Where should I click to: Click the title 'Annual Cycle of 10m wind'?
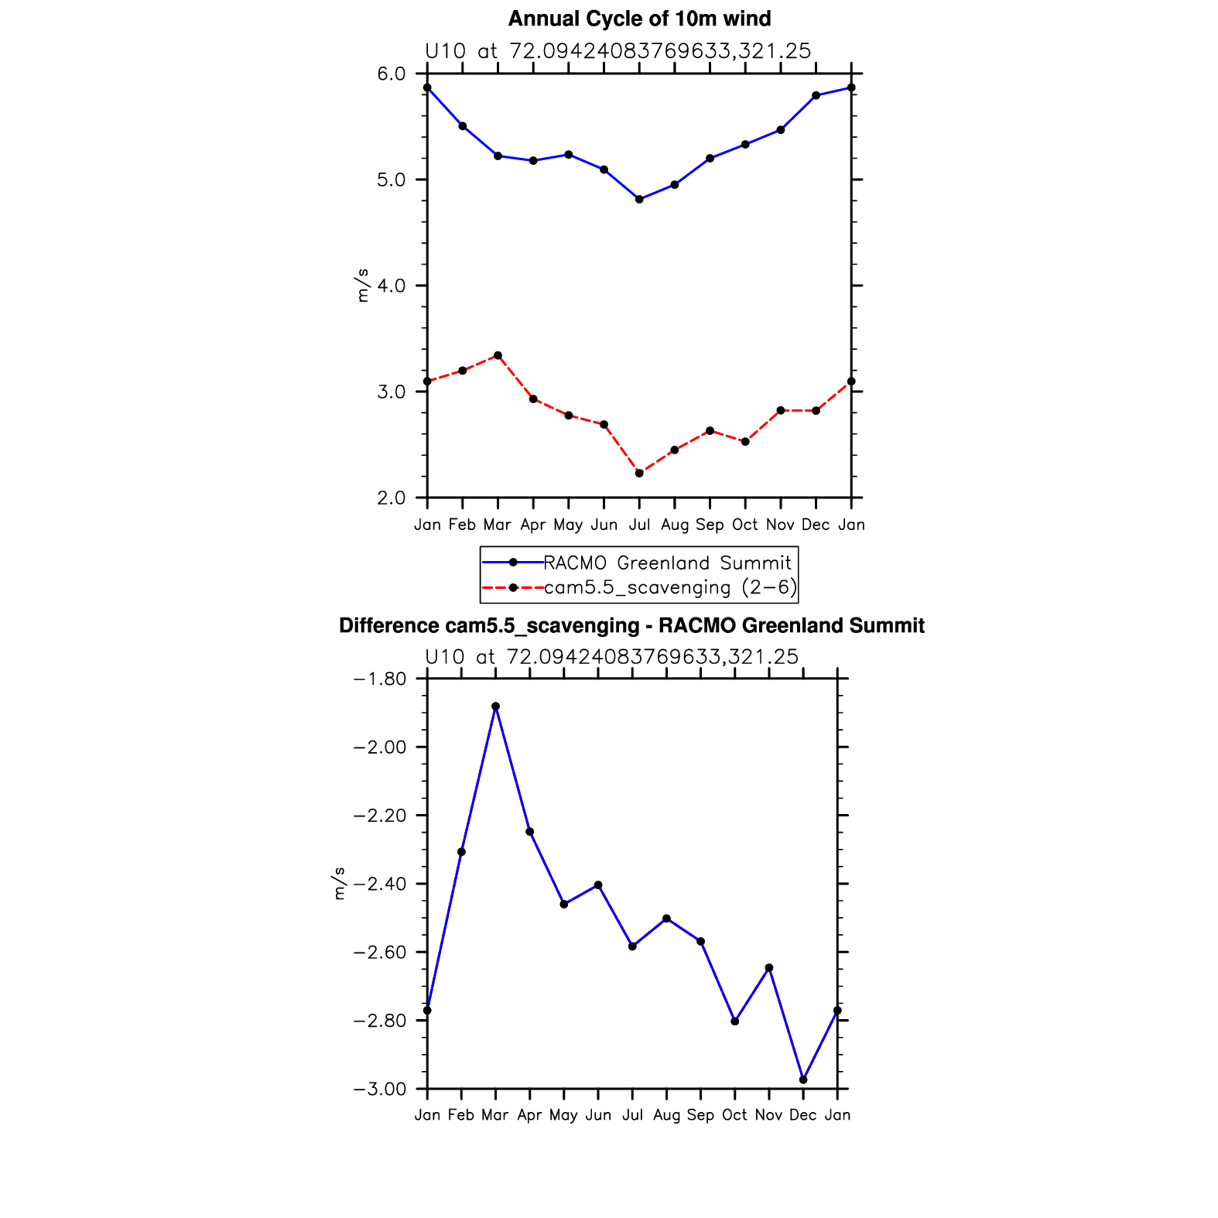[639, 19]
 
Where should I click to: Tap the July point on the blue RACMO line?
[639, 200]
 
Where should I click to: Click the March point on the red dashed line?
[498, 355]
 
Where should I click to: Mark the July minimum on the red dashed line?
[639, 473]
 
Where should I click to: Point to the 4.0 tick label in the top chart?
[391, 286]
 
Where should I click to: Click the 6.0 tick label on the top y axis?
[391, 74]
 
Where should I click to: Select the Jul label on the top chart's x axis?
[639, 525]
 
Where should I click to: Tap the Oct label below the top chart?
[744, 525]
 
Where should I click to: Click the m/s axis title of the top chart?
[362, 286]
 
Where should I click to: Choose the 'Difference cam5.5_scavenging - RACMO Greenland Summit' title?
[631, 625]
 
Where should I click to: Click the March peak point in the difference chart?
[495, 707]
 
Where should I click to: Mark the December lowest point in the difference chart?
[803, 1079]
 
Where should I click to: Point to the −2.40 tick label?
[379, 884]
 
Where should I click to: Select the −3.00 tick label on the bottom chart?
[379, 1089]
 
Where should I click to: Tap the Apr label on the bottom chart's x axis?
[529, 1115]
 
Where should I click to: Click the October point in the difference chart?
[734, 1021]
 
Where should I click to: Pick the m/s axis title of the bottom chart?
[339, 884]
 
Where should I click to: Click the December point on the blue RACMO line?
[816, 95]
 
